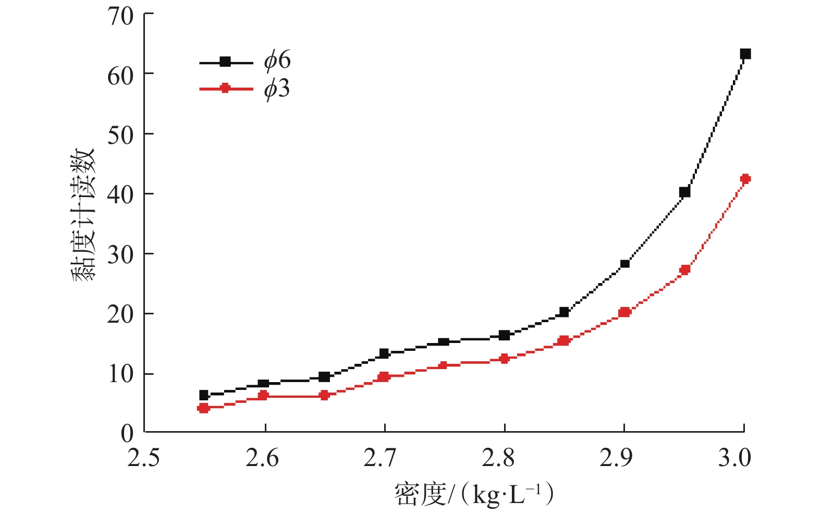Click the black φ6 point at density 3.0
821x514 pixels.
pos(745,54)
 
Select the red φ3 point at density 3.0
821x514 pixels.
pos(745,179)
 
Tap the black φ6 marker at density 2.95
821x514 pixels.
pos(684,192)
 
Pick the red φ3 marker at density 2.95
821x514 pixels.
pos(684,270)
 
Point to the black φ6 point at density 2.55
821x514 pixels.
pos(204,395)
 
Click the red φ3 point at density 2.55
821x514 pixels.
pos(204,408)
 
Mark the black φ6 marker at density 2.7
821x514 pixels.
pos(384,353)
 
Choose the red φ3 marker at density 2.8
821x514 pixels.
pos(504,358)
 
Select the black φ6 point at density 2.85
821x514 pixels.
pos(563,312)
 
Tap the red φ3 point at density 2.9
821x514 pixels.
pos(624,312)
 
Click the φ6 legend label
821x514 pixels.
pos(277,61)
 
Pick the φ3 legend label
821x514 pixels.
pos(277,90)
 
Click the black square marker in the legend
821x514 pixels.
pos(225,62)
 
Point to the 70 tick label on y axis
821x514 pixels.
pos(120,16)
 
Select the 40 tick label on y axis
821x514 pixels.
pos(120,194)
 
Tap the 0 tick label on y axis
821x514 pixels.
pos(127,434)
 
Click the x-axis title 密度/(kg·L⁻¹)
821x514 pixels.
pos(473,494)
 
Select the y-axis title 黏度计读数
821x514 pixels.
pos(83,215)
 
